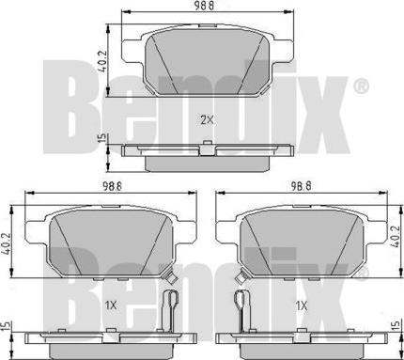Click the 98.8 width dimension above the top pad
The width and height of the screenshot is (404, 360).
(205, 7)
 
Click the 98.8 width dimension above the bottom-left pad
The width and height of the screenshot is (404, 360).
(112, 187)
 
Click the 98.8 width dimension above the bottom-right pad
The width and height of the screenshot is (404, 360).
(301, 187)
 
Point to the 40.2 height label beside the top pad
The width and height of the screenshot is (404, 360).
(102, 61)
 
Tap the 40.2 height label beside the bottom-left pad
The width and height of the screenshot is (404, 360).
(6, 243)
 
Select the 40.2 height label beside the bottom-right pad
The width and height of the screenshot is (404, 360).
(395, 237)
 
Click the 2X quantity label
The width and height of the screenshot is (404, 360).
(207, 119)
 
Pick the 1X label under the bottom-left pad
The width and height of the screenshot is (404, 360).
(111, 305)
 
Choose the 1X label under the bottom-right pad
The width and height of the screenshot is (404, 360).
(302, 305)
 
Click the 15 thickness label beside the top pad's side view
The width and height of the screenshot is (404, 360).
(102, 138)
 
